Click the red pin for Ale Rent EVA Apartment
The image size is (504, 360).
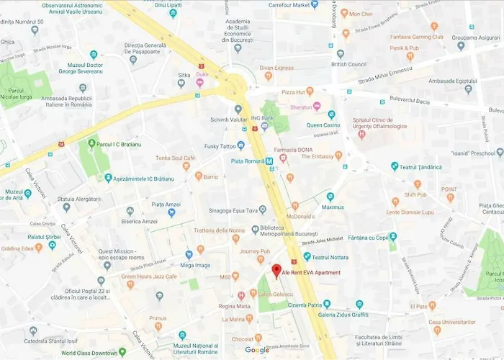tap(276, 271)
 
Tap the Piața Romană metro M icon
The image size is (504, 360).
tap(269, 162)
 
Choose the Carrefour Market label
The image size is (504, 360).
tap(293, 5)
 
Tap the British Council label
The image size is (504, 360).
tap(348, 63)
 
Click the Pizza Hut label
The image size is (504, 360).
tap(293, 92)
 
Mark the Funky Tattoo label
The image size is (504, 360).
tap(218, 145)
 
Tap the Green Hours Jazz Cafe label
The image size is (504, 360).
tap(149, 276)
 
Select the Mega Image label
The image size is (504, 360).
tap(196, 264)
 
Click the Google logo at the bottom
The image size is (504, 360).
tap(257, 350)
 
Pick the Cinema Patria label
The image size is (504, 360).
tap(303, 305)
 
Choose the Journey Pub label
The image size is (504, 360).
tap(254, 251)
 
